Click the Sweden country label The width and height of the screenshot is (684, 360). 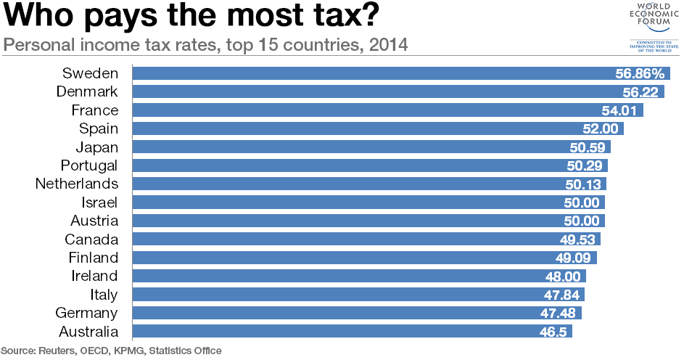[x=90, y=73]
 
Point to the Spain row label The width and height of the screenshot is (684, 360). [x=98, y=128]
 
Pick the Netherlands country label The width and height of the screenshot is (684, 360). [x=76, y=184]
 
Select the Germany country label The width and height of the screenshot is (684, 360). [x=86, y=313]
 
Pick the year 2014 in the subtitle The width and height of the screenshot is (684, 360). [x=389, y=45]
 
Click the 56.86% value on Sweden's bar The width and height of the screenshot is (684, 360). [x=640, y=73]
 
